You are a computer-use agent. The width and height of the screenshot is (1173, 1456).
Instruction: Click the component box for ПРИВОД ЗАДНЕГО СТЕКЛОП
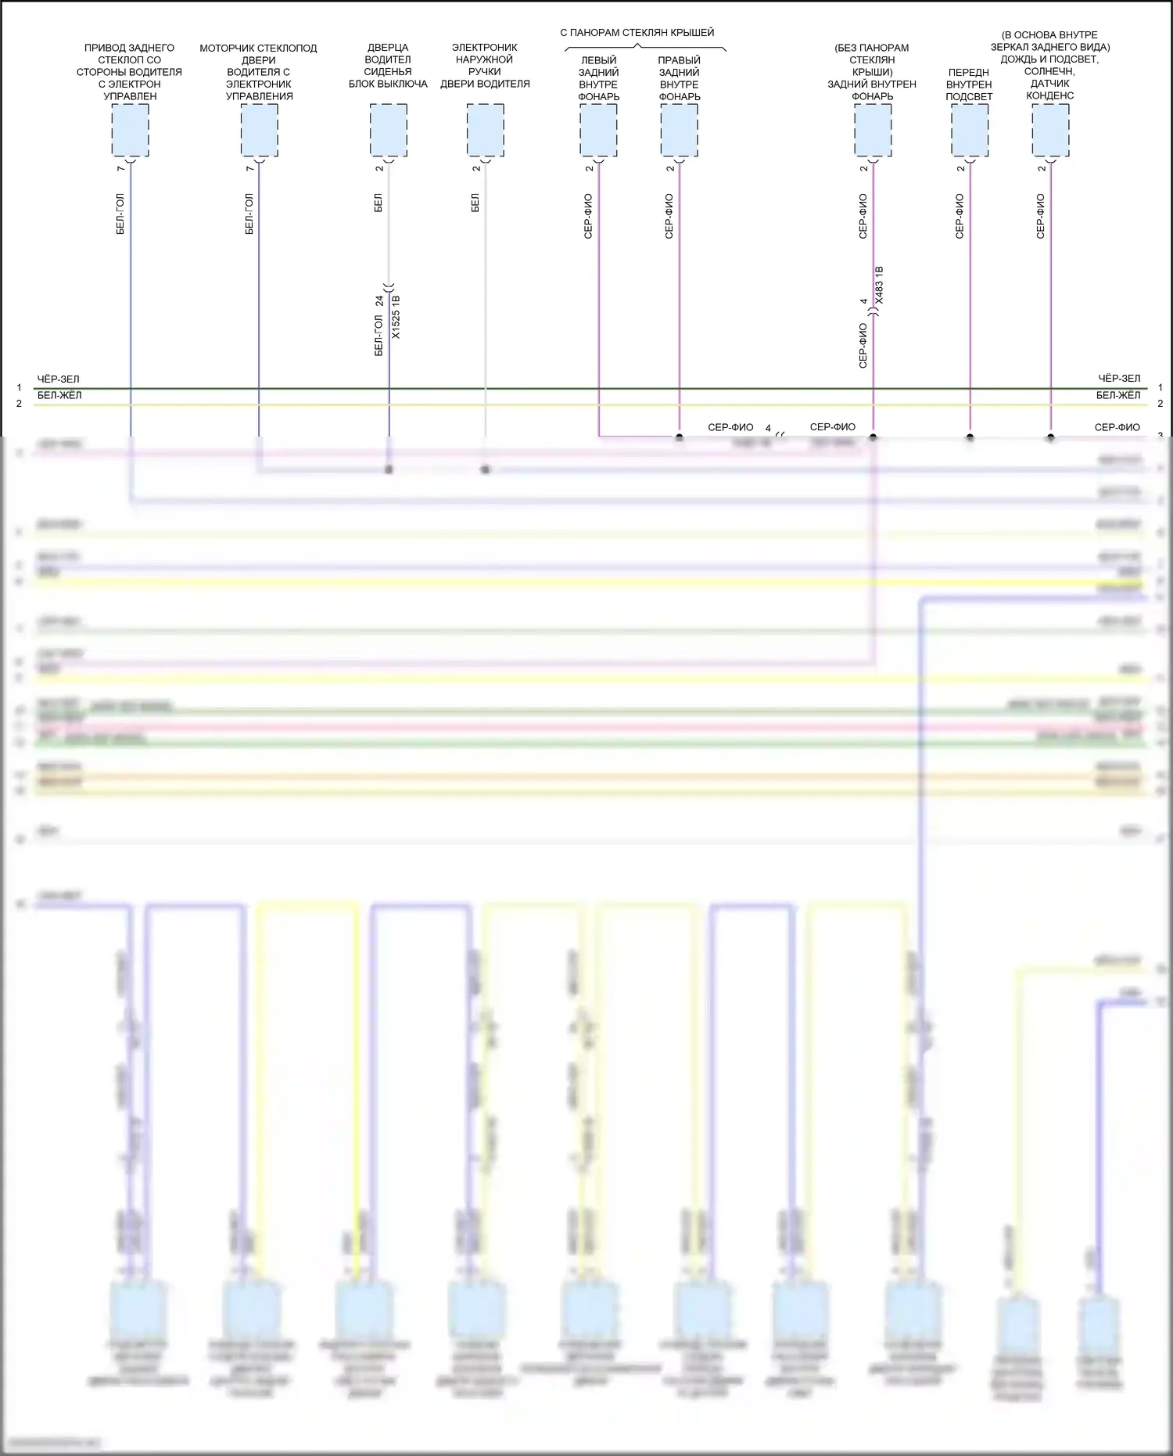130,130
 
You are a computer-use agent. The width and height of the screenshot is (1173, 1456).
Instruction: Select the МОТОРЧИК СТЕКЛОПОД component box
259,130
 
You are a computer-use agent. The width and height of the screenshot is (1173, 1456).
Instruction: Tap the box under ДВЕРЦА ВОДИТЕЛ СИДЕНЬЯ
388,130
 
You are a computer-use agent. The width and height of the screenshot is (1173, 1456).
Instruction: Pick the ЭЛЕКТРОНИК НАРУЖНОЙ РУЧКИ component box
485,130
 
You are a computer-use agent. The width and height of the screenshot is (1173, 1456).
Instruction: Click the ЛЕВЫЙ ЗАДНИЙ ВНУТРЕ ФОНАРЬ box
598,130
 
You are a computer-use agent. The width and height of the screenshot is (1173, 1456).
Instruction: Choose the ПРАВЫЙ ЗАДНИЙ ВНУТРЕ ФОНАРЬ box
679,130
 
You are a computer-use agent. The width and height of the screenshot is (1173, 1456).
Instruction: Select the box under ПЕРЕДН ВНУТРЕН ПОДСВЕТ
970,130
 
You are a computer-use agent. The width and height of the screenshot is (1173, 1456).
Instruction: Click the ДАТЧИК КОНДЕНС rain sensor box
1050,130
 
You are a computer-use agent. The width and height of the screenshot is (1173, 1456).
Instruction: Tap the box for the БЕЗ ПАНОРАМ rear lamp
873,130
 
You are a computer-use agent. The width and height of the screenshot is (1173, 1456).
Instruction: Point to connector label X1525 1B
396,318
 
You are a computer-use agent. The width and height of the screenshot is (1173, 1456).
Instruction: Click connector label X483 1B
879,286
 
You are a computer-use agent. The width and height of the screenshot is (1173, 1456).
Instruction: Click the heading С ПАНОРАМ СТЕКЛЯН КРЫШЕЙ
637,33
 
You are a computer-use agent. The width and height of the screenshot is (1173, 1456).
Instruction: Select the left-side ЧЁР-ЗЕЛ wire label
58,379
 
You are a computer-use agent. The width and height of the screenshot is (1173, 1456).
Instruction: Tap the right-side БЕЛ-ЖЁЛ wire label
1118,395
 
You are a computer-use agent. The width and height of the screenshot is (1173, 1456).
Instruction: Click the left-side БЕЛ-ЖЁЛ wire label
59,395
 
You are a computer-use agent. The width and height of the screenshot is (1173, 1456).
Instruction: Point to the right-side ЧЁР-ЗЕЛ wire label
1119,379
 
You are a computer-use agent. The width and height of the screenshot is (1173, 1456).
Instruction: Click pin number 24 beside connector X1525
379,300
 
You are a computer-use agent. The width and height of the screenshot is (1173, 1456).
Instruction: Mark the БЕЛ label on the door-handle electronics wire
475,203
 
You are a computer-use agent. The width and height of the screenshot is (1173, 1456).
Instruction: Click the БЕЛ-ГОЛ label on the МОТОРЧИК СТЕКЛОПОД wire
249,214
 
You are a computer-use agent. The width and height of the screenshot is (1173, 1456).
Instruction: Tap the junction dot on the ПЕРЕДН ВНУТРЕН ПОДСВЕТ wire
970,437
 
